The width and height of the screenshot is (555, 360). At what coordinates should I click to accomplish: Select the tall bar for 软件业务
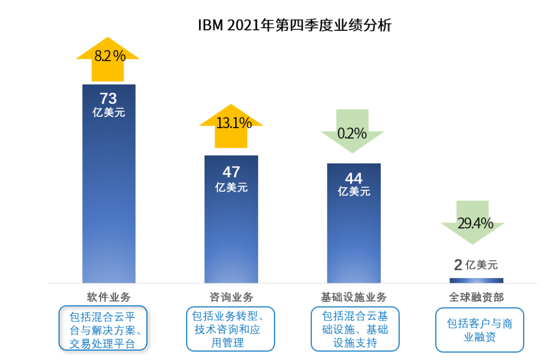(x=109, y=206)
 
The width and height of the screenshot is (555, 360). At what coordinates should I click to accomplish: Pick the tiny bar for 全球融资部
(x=476, y=280)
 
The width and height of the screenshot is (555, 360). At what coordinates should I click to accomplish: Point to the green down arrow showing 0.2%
(x=353, y=131)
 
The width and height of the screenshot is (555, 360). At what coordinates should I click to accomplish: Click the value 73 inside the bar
(x=108, y=98)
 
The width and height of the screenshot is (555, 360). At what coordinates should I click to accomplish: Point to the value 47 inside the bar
(x=231, y=172)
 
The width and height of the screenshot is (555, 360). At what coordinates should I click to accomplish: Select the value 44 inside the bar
(x=354, y=178)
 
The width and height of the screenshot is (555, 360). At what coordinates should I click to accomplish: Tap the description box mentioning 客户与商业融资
(x=479, y=330)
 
